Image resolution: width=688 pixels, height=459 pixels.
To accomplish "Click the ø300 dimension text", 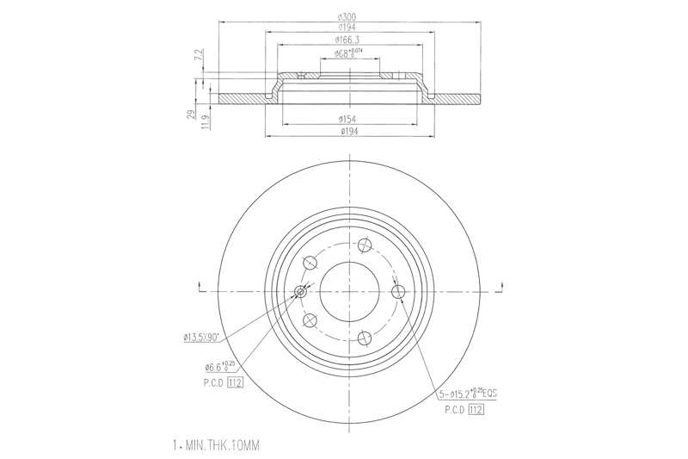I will point(349,17).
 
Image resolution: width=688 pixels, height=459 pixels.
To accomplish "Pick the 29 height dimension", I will point(191,114).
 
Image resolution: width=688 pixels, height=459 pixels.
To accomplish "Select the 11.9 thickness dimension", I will point(204,121).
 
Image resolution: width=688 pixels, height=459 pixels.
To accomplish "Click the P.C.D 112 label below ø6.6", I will point(219,382).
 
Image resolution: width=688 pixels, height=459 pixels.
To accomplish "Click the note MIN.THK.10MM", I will point(216,445).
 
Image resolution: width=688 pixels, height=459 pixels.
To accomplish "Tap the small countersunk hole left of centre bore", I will point(300,292).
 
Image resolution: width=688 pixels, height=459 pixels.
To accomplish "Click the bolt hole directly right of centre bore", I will point(397,292).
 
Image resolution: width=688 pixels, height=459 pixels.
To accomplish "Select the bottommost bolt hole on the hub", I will point(364,338).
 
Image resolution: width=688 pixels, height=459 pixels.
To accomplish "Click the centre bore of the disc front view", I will point(349,292).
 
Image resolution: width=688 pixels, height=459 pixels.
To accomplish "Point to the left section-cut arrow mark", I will point(200,287).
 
